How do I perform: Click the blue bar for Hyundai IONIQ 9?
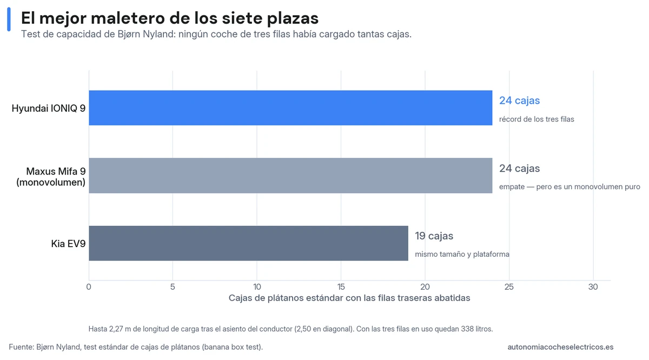click(290, 108)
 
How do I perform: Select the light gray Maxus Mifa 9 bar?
click(290, 176)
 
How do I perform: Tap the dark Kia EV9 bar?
click(248, 243)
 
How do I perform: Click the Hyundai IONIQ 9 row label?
click(49, 108)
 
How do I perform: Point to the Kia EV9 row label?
click(68, 244)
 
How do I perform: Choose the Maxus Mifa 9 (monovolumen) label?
click(51, 177)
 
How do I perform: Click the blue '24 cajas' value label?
click(520, 101)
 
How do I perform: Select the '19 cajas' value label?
click(434, 236)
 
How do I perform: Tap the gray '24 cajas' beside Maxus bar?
click(520, 168)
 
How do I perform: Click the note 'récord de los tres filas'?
click(537, 119)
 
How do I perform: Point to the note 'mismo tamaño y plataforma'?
click(462, 254)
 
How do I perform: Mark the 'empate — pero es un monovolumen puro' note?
click(569, 186)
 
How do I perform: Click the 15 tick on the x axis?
click(341, 286)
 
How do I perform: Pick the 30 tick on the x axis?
click(593, 286)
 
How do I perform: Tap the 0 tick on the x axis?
click(89, 286)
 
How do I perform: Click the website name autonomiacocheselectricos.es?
click(560, 347)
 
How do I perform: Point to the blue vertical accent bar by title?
click(9, 19)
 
